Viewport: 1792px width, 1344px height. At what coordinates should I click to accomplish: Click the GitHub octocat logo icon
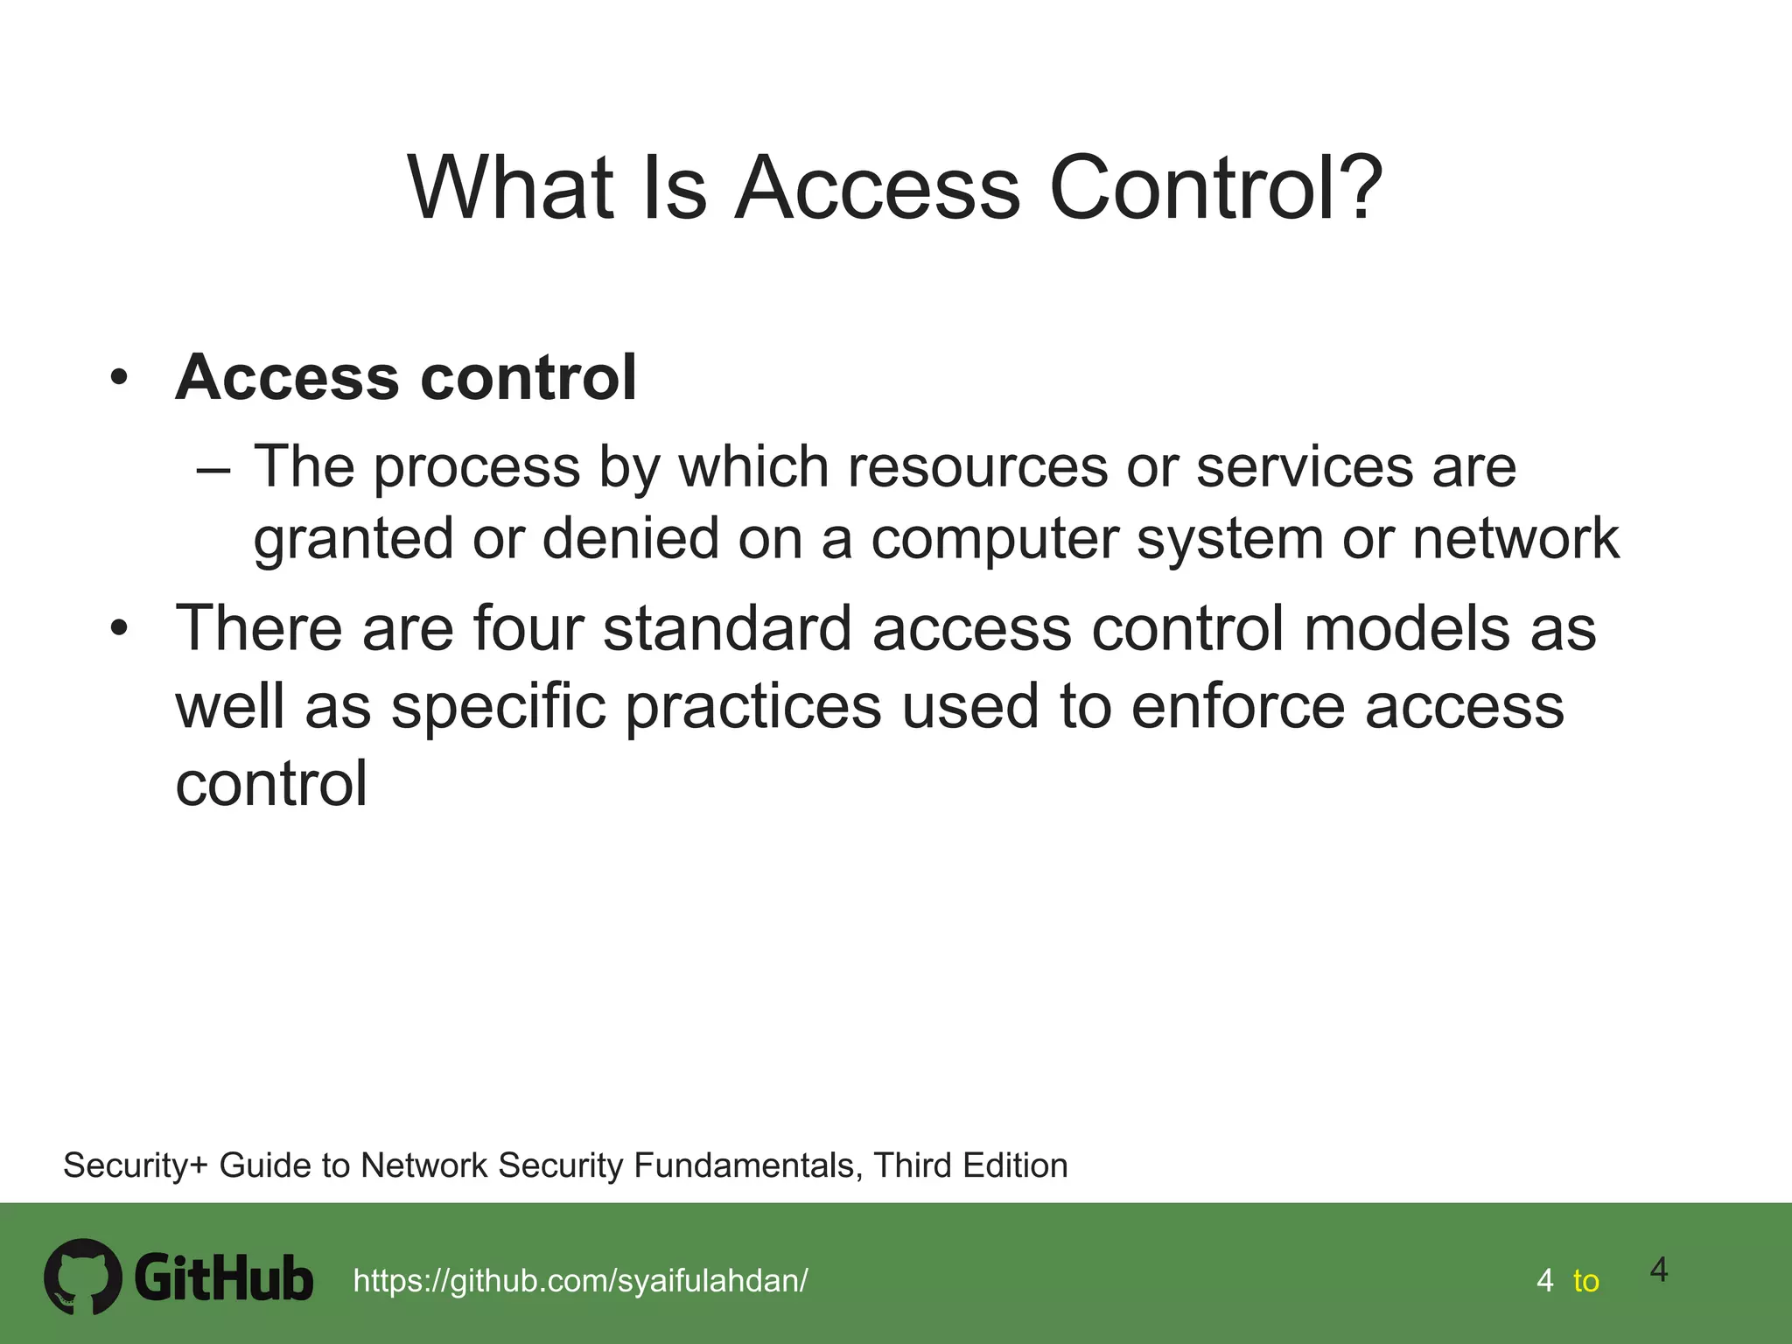[83, 1276]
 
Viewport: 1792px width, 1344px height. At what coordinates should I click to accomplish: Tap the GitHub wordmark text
[224, 1278]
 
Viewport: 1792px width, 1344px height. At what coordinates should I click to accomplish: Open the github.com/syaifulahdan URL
[580, 1281]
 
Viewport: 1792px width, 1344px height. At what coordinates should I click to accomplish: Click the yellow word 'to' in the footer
[1585, 1281]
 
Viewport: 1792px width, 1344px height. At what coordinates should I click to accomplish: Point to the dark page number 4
[1659, 1270]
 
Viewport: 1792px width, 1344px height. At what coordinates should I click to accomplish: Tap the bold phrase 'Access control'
[406, 377]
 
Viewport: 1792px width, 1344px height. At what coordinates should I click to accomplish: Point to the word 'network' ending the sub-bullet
[1515, 537]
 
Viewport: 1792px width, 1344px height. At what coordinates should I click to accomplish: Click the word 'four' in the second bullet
[528, 628]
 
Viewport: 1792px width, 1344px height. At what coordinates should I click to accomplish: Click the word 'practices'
[752, 706]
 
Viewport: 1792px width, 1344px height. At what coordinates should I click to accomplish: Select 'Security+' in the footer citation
[136, 1165]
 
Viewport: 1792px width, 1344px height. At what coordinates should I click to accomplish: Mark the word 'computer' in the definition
[994, 539]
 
